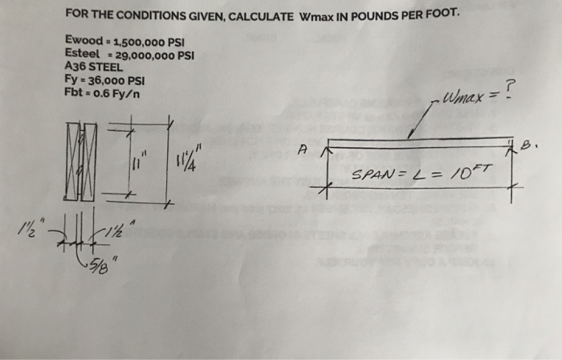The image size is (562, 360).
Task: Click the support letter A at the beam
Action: [302, 148]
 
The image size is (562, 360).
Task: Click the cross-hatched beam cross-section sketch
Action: [82, 158]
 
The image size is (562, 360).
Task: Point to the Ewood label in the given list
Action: [82, 41]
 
